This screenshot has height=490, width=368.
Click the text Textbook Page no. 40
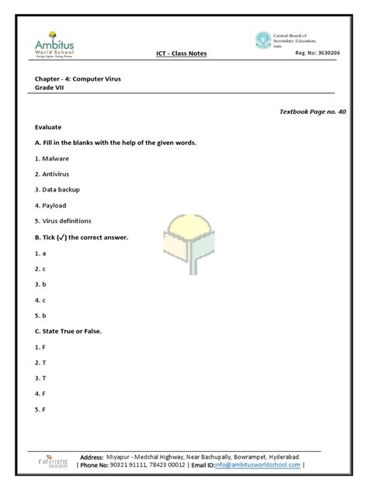(x=313, y=112)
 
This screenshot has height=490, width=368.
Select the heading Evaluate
(x=48, y=126)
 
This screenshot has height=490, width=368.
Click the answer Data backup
(x=61, y=189)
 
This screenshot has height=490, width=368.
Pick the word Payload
(x=54, y=205)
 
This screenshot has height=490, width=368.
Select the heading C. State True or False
(x=68, y=331)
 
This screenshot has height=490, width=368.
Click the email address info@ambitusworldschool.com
(x=258, y=465)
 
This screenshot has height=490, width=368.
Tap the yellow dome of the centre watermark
(x=184, y=223)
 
